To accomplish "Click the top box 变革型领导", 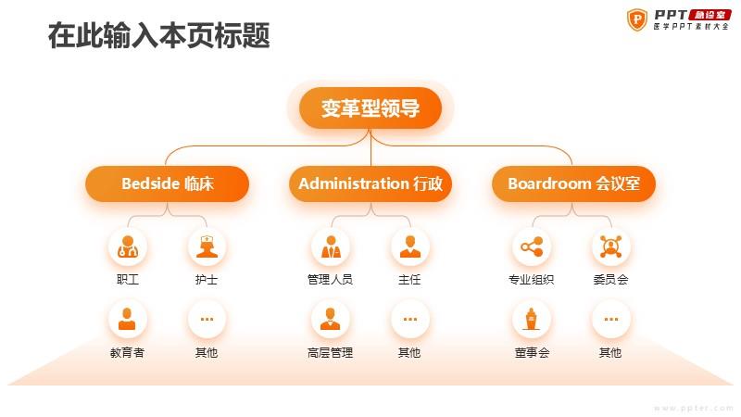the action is [370, 107].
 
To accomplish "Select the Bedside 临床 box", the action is [168, 183].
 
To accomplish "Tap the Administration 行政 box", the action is [370, 183].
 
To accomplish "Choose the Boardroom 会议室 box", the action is [573, 183].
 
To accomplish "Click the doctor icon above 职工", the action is [127, 246].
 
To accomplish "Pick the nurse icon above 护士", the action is [207, 246].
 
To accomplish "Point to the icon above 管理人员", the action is [331, 246].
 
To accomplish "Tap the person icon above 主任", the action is [409, 246].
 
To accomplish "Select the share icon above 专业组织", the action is [532, 246].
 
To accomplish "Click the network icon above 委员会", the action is [610, 246].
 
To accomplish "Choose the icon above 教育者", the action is [127, 319].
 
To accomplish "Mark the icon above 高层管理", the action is [331, 319].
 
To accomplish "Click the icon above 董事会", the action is [532, 319].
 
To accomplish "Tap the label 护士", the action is [207, 280].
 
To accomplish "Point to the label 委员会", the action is [610, 280].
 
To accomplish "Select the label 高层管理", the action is [331, 352].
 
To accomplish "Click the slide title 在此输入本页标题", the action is [158, 35].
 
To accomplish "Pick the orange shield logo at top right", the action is [636, 19].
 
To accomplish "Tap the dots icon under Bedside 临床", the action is [207, 319].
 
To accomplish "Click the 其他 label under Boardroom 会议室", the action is [610, 352].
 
